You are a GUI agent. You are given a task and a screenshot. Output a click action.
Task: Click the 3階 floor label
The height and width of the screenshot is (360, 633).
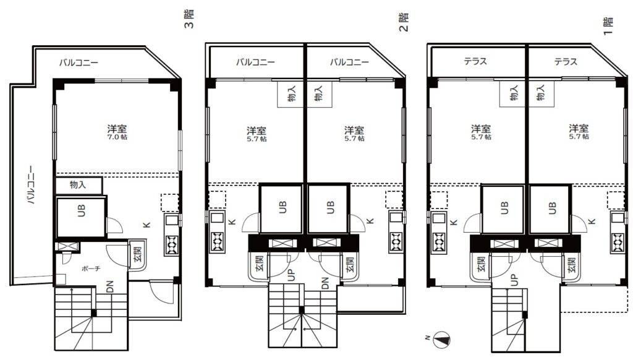(x=189, y=19)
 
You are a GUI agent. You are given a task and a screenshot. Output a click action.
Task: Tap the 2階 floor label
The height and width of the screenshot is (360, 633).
(x=404, y=22)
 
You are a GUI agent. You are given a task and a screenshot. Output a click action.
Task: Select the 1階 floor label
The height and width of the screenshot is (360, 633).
(x=608, y=26)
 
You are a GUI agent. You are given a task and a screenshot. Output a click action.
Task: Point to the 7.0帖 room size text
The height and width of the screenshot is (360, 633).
(x=117, y=137)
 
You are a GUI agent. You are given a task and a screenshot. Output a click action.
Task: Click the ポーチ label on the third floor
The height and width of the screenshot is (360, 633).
(x=91, y=268)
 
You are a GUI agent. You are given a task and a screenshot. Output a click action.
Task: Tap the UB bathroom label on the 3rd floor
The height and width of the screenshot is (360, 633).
(x=81, y=210)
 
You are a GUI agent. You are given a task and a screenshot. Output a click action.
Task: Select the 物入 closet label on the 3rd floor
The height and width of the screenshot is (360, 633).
(x=78, y=185)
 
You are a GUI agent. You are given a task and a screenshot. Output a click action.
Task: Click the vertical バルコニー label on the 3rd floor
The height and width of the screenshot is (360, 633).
(x=31, y=184)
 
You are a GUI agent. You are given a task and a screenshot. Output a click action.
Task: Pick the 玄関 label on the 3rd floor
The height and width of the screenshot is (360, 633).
(x=138, y=254)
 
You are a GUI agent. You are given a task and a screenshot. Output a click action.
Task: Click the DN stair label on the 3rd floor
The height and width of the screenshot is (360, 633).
(x=110, y=286)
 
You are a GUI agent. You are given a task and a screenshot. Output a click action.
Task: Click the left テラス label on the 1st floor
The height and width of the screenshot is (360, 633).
(x=475, y=61)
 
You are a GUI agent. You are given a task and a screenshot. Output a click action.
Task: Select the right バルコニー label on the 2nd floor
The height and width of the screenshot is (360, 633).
(x=349, y=62)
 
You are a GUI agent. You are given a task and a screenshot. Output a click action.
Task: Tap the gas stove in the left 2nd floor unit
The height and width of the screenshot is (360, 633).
(x=217, y=241)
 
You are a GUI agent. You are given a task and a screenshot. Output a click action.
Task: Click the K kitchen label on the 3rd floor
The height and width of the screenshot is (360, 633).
(x=147, y=225)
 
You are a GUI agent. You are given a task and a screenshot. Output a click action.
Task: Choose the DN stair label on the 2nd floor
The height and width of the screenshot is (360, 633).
(x=325, y=283)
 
